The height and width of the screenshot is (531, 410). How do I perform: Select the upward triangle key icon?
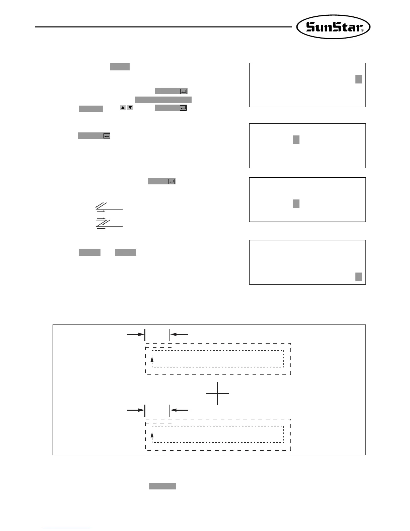click(x=123, y=108)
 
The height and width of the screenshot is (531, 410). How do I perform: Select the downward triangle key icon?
click(x=130, y=108)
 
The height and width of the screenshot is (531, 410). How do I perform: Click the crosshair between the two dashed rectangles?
click(x=218, y=393)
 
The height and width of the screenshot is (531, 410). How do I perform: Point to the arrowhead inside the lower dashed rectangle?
click(x=152, y=435)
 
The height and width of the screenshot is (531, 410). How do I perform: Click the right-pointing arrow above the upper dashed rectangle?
click(x=135, y=334)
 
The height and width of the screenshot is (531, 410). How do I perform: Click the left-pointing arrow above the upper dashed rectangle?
click(x=179, y=334)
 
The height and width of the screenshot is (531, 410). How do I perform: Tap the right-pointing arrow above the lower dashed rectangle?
click(x=135, y=410)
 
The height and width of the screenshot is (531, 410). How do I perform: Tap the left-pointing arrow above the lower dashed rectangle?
click(x=179, y=410)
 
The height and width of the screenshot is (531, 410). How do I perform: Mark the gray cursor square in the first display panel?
click(x=358, y=79)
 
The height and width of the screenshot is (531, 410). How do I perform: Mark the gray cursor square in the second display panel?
click(x=296, y=139)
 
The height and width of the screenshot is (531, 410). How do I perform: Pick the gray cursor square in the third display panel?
click(x=296, y=203)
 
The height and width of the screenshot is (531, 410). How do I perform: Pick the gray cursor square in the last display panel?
click(x=358, y=277)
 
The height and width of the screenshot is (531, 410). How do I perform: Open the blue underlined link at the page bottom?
click(x=66, y=528)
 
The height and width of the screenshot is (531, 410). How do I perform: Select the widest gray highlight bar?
click(x=163, y=100)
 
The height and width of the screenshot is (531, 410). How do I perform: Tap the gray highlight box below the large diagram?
click(x=162, y=486)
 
